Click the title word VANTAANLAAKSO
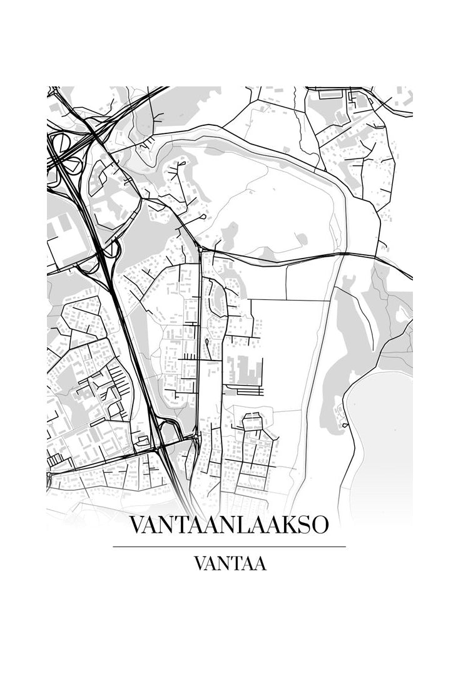click(x=229, y=525)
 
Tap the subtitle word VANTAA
click(x=230, y=564)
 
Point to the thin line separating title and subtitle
click(x=229, y=547)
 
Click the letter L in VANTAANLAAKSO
click(x=243, y=525)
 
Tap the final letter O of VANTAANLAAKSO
click(x=319, y=525)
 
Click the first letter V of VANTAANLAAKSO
click(x=136, y=525)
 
